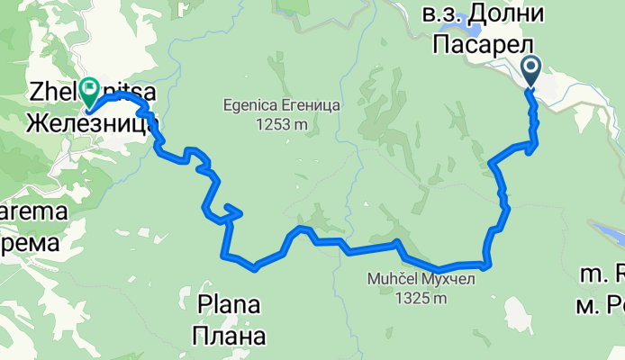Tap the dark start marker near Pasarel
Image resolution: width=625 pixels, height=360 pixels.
pos(530,68)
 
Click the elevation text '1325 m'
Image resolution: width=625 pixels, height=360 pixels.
pos(419,299)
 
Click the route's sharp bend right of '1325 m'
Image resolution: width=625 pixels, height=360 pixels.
pos(487,265)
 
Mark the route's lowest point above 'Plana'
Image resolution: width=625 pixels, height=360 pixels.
pos(255,267)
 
